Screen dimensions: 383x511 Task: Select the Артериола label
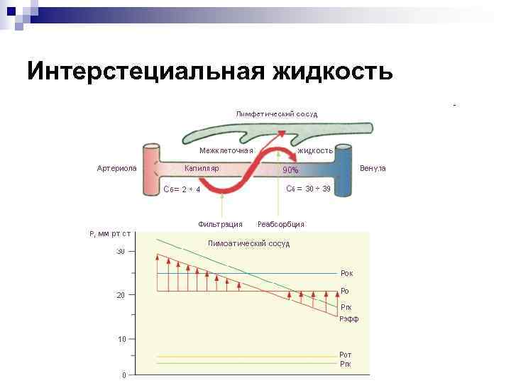tap(116, 168)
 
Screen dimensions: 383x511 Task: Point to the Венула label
tap(373, 168)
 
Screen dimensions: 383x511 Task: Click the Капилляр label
tap(202, 168)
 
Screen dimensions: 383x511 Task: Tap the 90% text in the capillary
tap(291, 170)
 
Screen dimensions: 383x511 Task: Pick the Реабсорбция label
tap(281, 224)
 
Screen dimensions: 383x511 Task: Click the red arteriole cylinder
tap(150, 170)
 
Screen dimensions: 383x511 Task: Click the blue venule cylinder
tap(344, 170)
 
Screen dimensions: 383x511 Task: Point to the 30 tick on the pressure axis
tap(121, 252)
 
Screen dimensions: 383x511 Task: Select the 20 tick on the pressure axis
tap(121, 295)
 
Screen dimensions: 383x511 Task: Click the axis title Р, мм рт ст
tap(110, 234)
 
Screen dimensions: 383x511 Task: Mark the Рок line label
tap(346, 273)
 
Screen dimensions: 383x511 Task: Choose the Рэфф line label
tap(348, 319)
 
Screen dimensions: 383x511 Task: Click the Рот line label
tap(346, 355)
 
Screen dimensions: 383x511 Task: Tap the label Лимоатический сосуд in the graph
tap(248, 244)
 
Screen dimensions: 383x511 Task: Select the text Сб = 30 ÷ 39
tap(308, 189)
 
